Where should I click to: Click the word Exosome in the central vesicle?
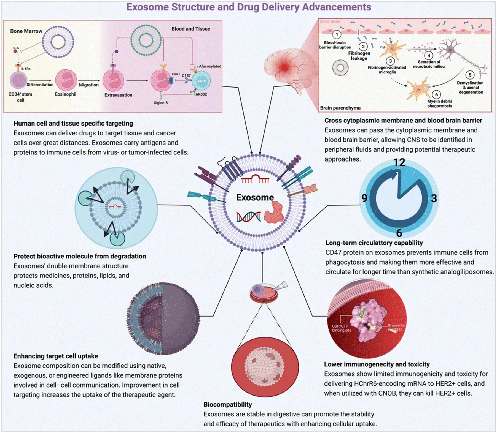click(x=255, y=197)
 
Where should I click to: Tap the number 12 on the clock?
click(x=399, y=162)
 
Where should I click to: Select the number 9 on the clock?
click(x=364, y=198)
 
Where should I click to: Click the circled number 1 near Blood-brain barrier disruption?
click(x=337, y=35)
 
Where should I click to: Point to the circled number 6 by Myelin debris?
click(x=436, y=95)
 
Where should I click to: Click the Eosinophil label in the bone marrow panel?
click(x=66, y=94)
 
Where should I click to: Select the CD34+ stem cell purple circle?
click(x=18, y=80)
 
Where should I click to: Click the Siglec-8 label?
click(x=161, y=103)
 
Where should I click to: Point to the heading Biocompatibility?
click(x=228, y=404)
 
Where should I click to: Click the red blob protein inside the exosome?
click(x=274, y=212)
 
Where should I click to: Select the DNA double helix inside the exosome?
click(x=249, y=217)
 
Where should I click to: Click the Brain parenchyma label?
click(x=340, y=108)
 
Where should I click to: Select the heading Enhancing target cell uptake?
click(x=56, y=356)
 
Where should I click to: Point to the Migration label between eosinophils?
click(x=89, y=85)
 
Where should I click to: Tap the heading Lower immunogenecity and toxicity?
click(x=377, y=364)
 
